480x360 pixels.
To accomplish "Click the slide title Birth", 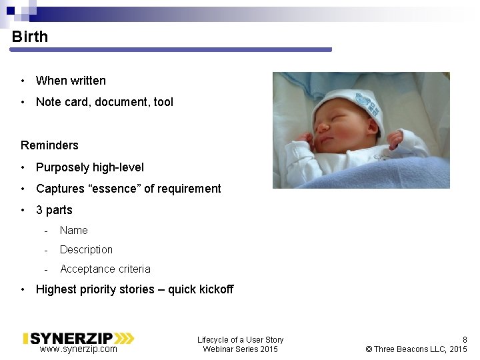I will coord(30,37).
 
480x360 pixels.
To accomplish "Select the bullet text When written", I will coord(71,81).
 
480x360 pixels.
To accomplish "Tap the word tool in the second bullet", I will coord(163,102).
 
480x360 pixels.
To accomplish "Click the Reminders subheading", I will coord(49,145).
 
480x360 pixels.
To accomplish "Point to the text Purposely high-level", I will coord(89,167).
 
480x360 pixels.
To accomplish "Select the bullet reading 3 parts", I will coord(54,210).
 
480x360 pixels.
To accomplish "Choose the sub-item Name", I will coord(73,231).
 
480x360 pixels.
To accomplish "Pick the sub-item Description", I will coord(86,250).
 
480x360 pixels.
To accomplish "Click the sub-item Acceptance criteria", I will coord(105,269).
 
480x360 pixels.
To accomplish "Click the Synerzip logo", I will coord(79,338).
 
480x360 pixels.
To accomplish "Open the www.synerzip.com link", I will coord(78,349).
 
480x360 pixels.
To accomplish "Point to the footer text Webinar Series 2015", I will coord(240,349).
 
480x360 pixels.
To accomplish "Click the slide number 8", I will coord(465,339).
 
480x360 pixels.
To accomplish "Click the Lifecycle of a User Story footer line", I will coord(240,340).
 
